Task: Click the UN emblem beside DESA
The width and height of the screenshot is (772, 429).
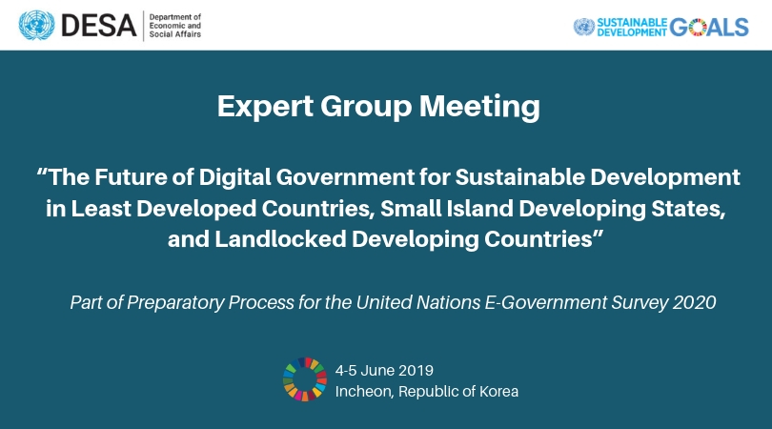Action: [x=36, y=25]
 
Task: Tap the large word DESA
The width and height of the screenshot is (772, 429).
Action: [x=98, y=26]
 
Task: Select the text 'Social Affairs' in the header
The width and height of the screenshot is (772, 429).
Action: [x=175, y=34]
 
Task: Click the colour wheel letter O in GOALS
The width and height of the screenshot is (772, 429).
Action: [x=698, y=27]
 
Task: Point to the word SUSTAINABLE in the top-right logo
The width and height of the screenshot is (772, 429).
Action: [x=632, y=23]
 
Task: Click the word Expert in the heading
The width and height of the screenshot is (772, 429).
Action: [x=265, y=107]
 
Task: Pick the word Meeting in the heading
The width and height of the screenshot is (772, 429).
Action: [x=479, y=107]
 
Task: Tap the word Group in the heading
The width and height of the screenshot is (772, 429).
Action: [x=366, y=108]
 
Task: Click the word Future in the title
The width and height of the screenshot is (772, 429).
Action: [x=131, y=177]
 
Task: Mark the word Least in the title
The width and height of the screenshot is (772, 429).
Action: [x=101, y=209]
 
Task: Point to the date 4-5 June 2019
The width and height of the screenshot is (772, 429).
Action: [x=384, y=371]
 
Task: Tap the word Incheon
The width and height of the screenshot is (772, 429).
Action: [x=364, y=392]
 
